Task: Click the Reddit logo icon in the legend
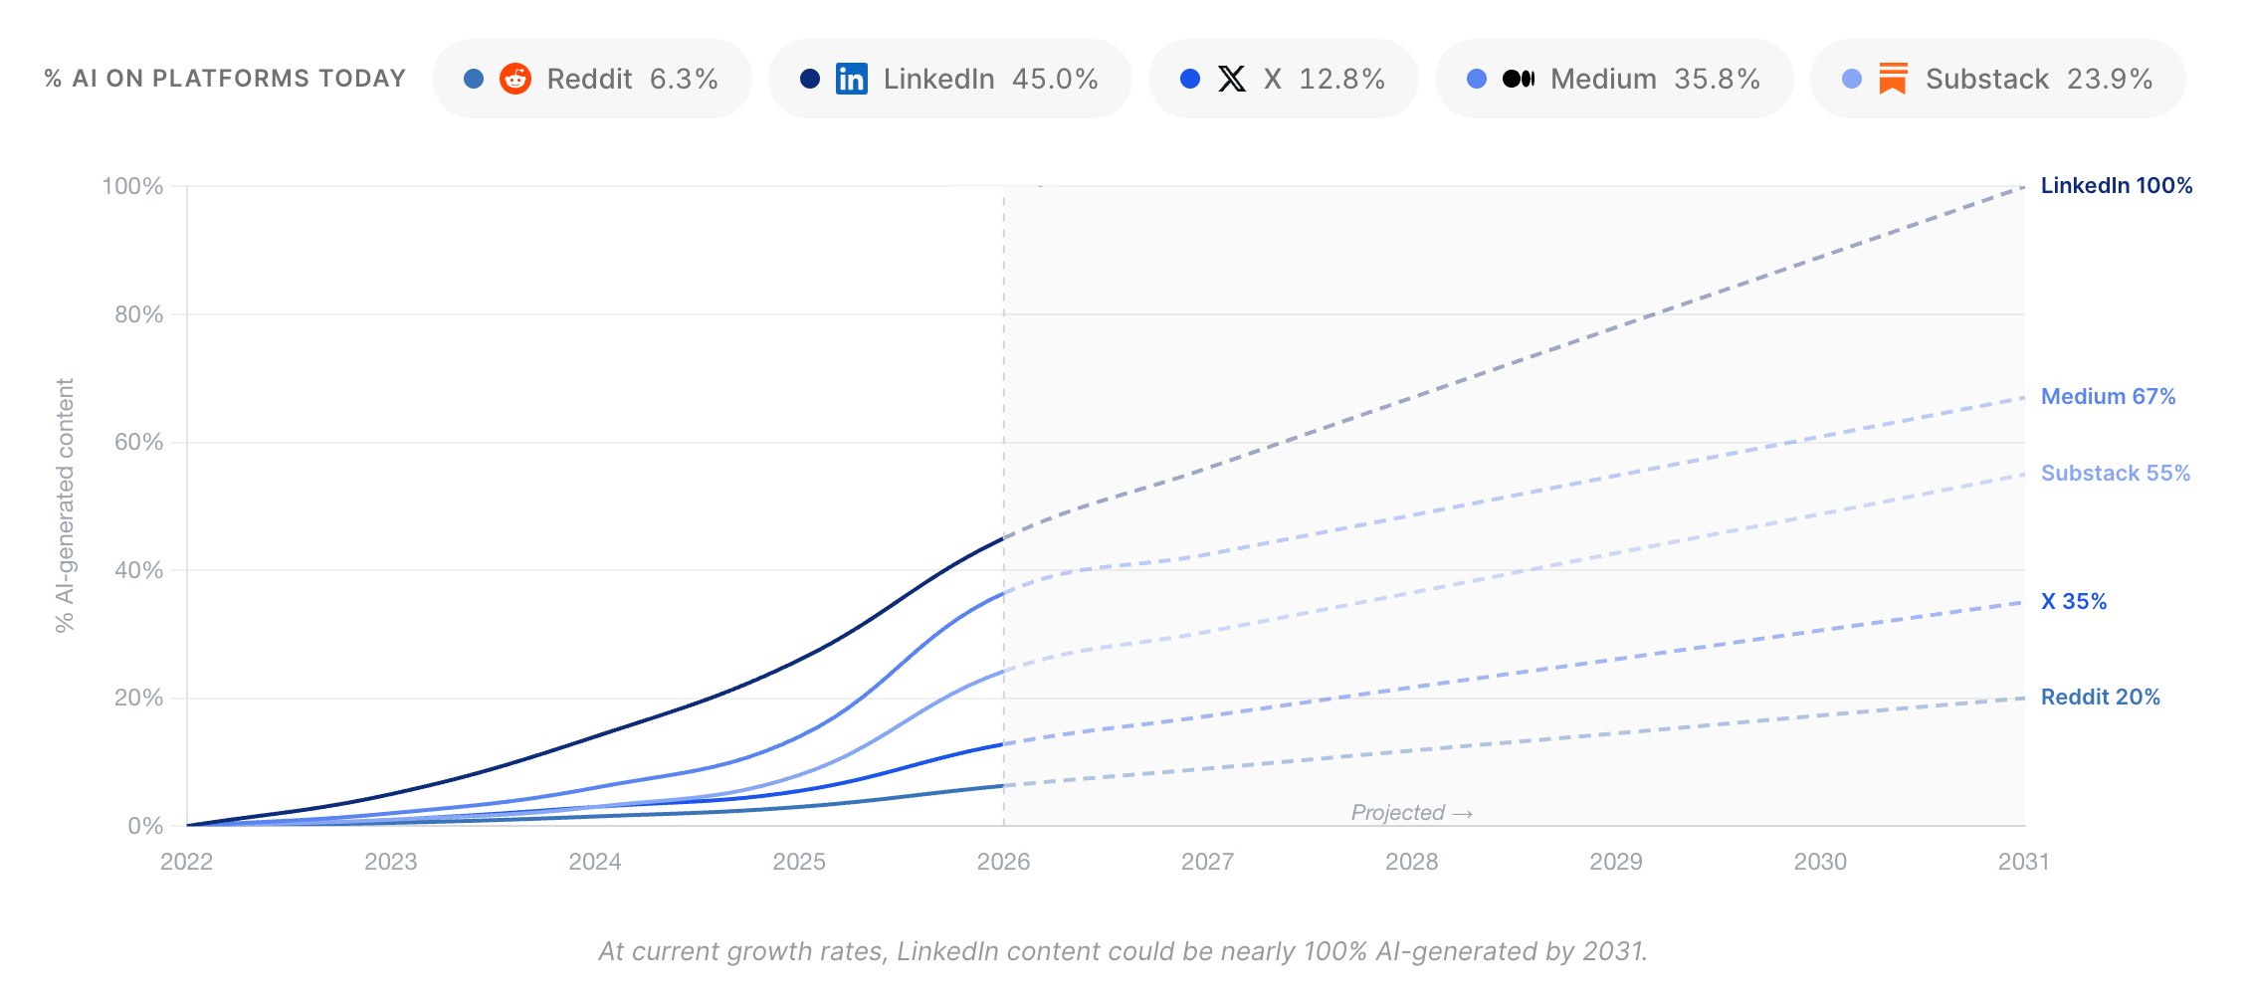tap(515, 79)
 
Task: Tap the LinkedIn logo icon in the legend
tap(852, 79)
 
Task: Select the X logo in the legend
tap(1232, 79)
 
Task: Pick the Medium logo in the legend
tap(1519, 79)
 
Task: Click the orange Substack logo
tap(1893, 79)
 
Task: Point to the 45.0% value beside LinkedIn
tap(1055, 79)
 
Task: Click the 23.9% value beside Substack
tap(2110, 79)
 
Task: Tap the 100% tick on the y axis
tap(132, 186)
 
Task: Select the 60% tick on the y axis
tap(138, 442)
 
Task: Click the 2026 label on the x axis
tap(1003, 862)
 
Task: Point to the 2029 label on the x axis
tap(1616, 862)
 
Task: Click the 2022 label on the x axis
tap(187, 862)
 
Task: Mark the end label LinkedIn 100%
tap(2117, 186)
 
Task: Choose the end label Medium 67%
tap(2109, 397)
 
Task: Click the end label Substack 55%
tap(2116, 474)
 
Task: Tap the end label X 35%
tap(2074, 602)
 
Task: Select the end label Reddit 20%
tap(2101, 698)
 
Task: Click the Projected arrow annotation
tap(1412, 813)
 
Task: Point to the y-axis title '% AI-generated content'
tap(65, 505)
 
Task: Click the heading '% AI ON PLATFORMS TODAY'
tap(225, 79)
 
